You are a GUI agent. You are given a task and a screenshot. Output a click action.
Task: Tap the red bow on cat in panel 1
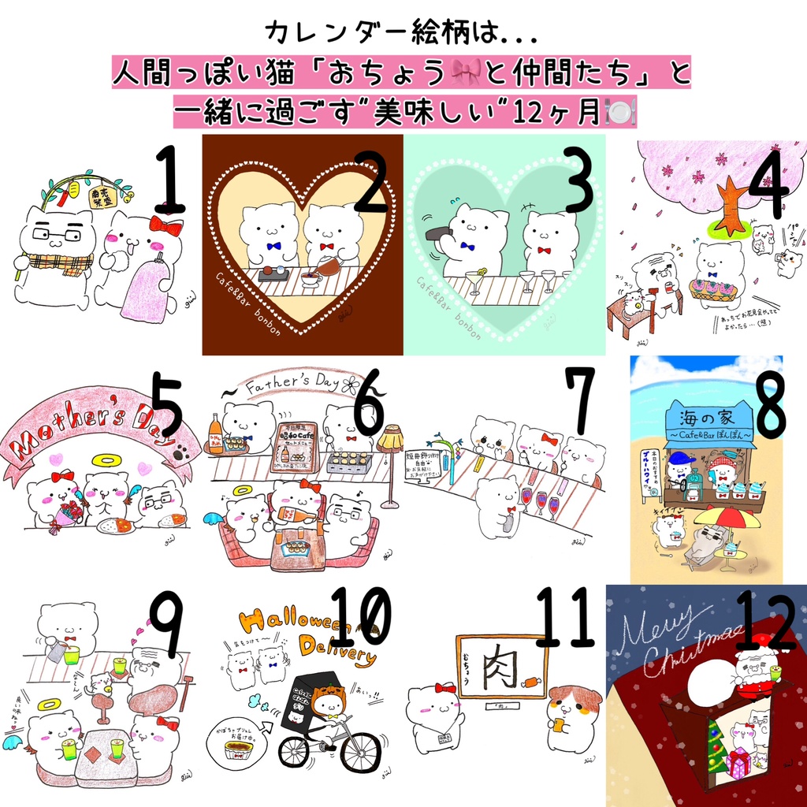pos(166,226)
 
